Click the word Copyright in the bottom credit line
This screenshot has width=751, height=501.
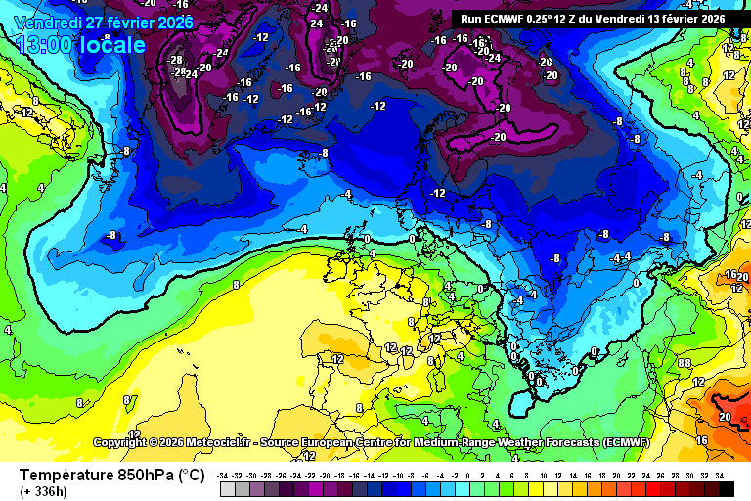coord(120,442)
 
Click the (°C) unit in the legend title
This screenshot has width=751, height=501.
coord(191,476)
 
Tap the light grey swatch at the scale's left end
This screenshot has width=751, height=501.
coord(228,488)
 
